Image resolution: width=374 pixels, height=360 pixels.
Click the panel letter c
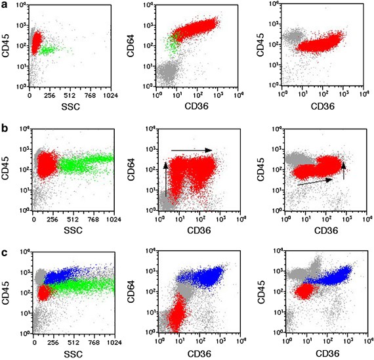pos(5,247)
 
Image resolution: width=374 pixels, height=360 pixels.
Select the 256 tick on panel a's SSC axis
pos(49,95)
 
